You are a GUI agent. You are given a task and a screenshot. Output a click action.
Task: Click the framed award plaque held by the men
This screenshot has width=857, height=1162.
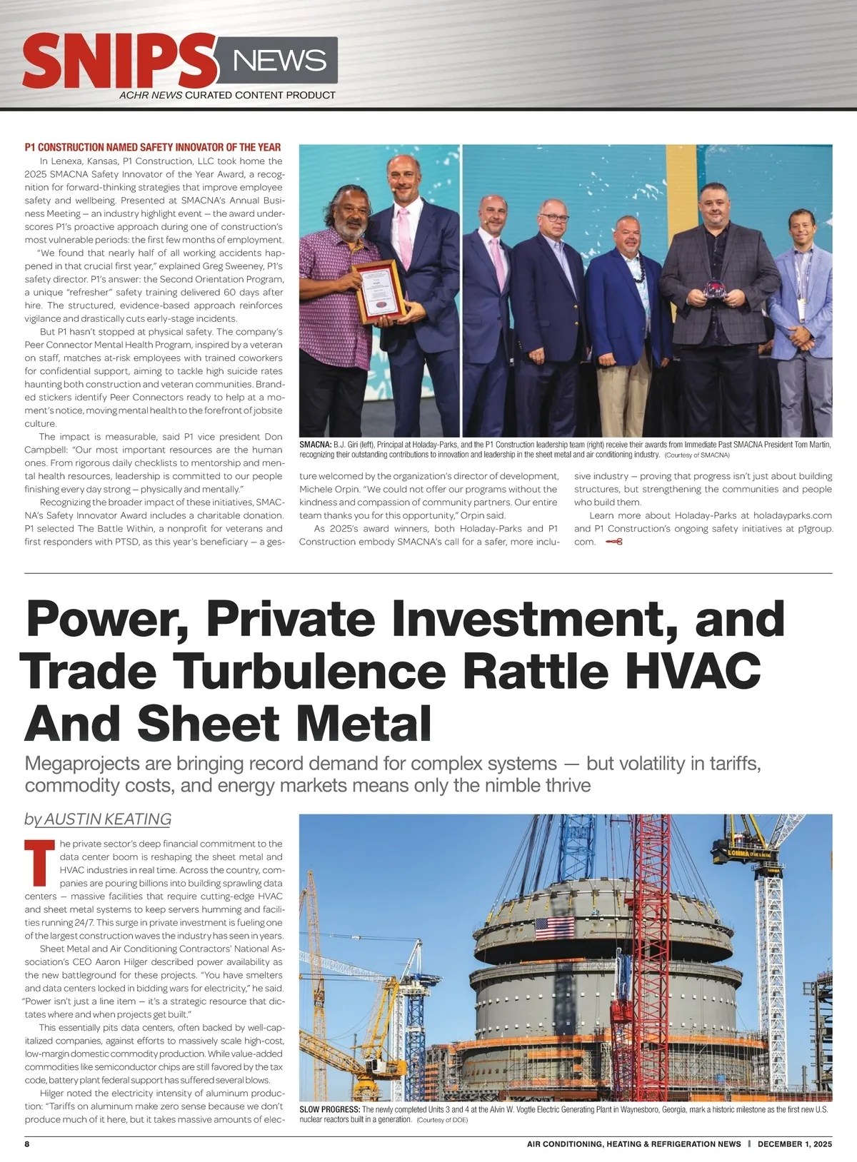point(379,291)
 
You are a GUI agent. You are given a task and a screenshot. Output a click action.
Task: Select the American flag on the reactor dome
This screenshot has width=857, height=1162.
point(554,927)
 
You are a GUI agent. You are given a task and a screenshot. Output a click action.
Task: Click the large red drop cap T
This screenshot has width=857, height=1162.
point(39,862)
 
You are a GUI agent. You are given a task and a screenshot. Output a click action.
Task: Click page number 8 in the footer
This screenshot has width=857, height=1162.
point(27,1143)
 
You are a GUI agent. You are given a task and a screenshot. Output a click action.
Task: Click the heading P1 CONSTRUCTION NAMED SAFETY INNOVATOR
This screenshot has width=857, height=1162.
point(153,147)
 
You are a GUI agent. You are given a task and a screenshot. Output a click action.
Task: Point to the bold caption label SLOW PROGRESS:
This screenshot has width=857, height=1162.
point(329,1110)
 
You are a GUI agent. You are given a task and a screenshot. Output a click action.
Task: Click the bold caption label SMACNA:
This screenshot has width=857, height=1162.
point(315,445)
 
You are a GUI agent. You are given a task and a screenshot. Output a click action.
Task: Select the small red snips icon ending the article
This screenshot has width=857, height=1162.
point(613,542)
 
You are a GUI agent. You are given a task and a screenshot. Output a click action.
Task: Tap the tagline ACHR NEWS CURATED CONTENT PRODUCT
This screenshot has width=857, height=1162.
point(227,95)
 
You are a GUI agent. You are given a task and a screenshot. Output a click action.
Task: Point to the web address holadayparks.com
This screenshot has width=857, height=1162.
point(793,515)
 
